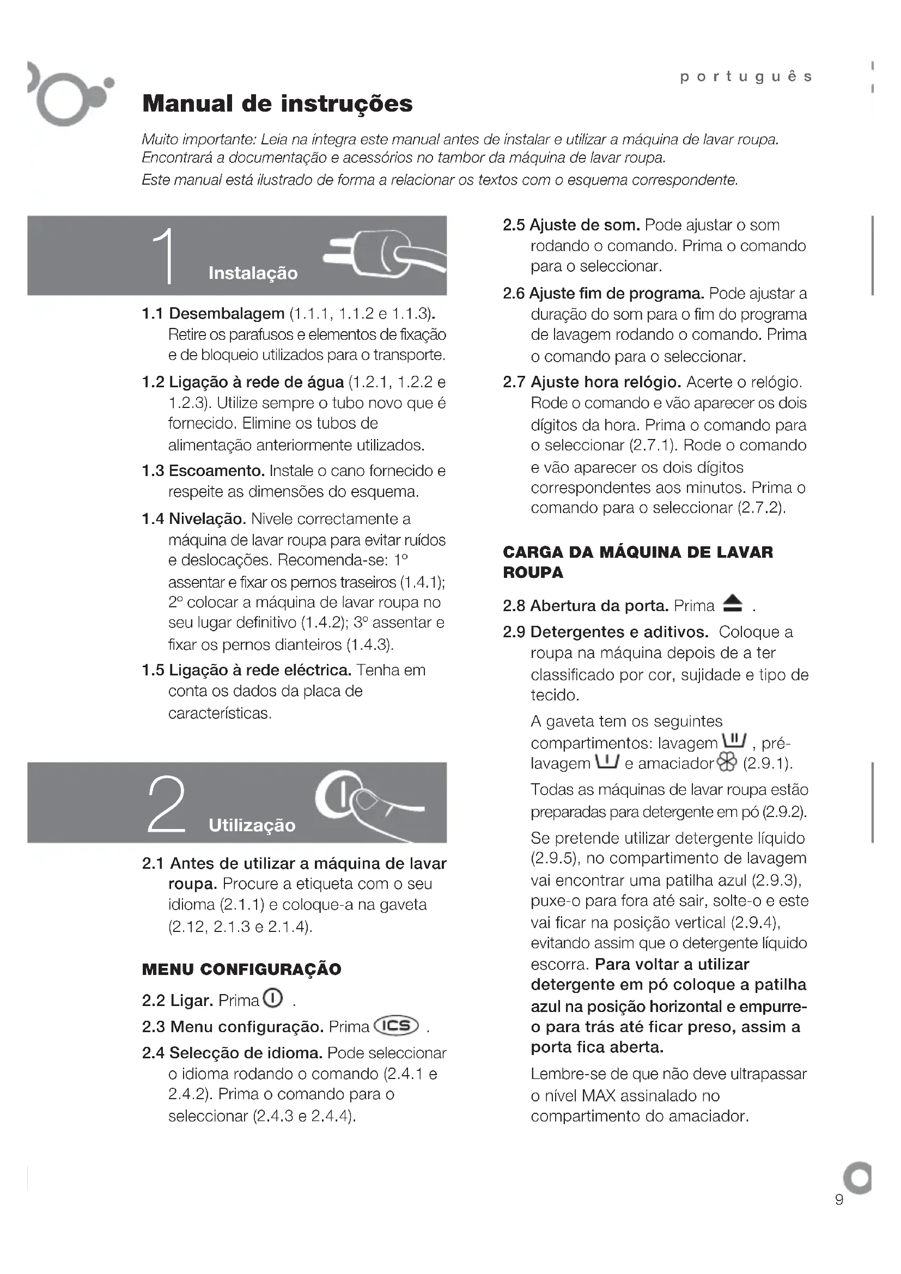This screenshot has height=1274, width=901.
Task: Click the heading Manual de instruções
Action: point(277,104)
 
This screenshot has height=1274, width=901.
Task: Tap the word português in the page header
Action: point(746,77)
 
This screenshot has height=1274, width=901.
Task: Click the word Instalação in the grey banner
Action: point(253,273)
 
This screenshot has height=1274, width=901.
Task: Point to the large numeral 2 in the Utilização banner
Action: point(166,804)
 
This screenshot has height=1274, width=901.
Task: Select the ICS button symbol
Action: point(397,1026)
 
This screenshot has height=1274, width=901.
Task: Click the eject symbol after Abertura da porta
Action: point(733,604)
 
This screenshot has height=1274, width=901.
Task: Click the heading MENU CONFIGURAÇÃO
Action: point(241,970)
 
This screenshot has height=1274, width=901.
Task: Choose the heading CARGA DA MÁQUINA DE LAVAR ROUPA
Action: point(637,562)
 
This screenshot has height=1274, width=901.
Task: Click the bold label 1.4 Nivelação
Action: point(193,519)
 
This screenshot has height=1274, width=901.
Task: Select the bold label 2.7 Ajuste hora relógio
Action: point(592,382)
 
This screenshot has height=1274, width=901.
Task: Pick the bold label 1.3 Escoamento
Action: point(203,471)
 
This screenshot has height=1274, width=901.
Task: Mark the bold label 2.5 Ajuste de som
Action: point(571,225)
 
